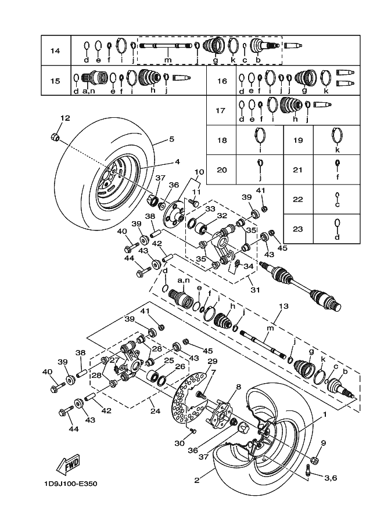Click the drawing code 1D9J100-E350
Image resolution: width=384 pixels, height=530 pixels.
pos(70,484)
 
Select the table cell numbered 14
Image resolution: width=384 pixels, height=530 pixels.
pos(56,51)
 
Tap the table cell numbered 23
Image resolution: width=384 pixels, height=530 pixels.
pos(298,229)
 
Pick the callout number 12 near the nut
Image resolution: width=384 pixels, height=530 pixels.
pos(65,118)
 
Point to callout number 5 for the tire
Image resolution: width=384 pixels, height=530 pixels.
pos(171,139)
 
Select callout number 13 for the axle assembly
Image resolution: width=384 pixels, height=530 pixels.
pos(283,307)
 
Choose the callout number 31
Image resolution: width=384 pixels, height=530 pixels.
pos(255,290)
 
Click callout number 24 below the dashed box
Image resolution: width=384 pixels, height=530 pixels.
pos(155,411)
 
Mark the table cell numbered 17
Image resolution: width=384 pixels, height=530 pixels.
pos(221,110)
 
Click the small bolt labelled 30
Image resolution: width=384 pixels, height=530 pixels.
pos(193,431)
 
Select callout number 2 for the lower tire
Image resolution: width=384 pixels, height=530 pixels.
pos(197,480)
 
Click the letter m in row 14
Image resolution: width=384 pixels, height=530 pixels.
pos(168,60)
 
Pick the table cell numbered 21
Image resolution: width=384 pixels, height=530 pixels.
pos(298,170)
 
